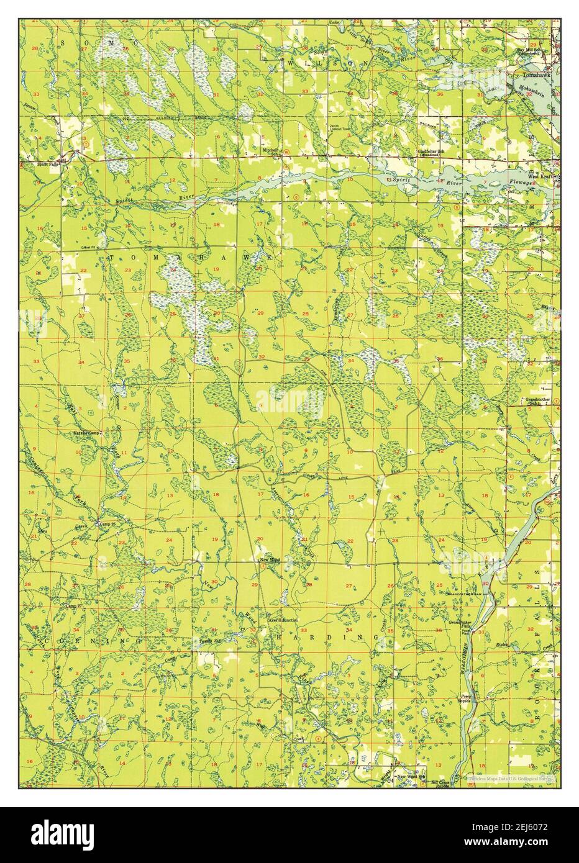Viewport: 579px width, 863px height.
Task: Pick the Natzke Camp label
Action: (86, 432)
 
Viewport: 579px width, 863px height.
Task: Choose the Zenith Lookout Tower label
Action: (342, 129)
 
